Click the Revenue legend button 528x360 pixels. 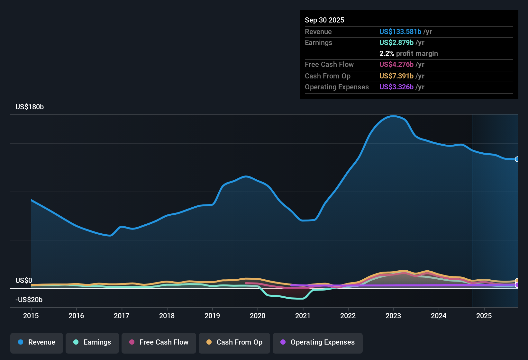click(37, 342)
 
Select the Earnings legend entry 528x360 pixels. click(92, 342)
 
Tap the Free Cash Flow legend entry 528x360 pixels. click(159, 342)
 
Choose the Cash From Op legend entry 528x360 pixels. click(234, 342)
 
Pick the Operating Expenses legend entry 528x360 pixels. click(318, 342)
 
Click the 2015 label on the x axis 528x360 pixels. click(31, 316)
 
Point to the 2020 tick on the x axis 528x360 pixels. click(258, 316)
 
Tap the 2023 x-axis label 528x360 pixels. click(393, 316)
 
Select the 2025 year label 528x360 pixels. click(484, 316)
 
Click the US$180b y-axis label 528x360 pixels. click(30, 107)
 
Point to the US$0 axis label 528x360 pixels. click(24, 281)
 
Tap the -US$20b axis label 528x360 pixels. click(29, 300)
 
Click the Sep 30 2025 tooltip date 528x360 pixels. click(324, 20)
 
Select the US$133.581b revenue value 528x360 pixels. click(400, 32)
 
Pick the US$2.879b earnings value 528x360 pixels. click(396, 43)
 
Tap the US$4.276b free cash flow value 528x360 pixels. click(396, 65)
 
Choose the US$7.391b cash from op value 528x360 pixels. click(396, 76)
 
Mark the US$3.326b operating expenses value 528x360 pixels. click(396, 87)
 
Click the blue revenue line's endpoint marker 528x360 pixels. click(517, 159)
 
